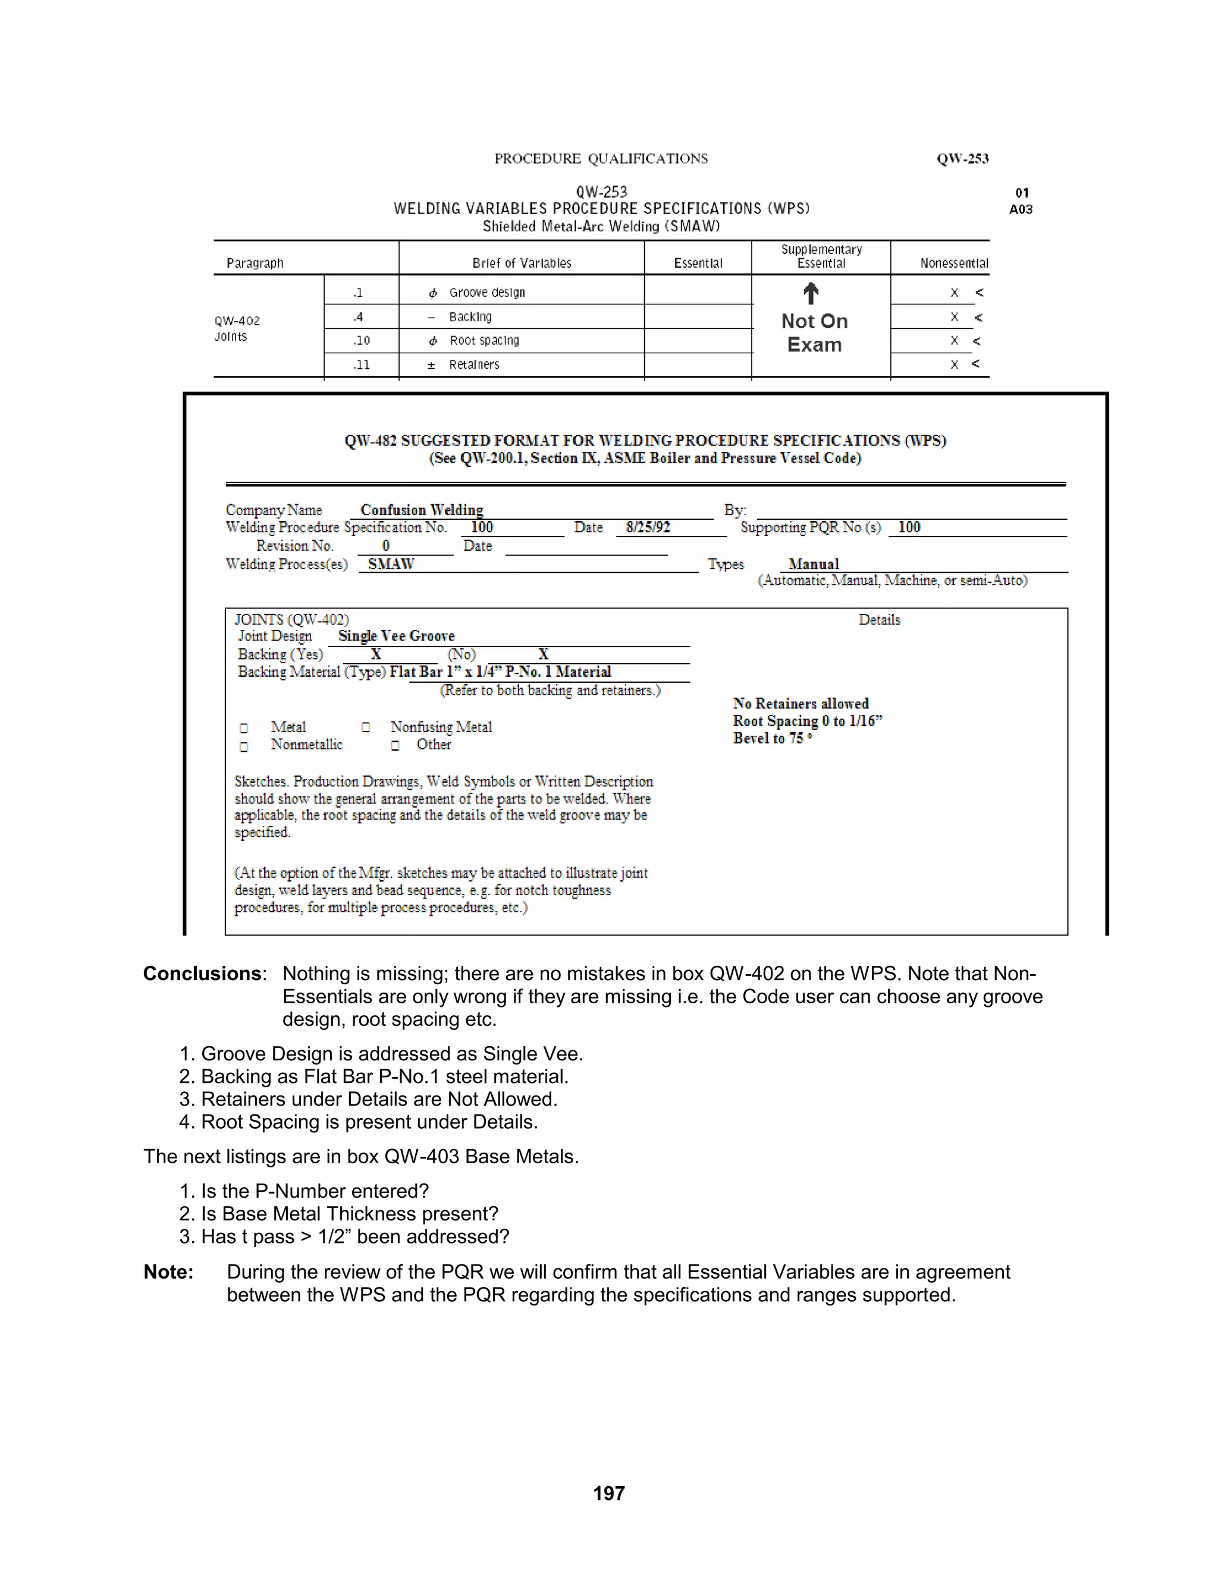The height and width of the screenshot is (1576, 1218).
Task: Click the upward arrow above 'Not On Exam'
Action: [x=811, y=293]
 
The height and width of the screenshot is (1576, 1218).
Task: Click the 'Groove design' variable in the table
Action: [x=486, y=292]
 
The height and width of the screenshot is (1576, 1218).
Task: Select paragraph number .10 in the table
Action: [x=361, y=341]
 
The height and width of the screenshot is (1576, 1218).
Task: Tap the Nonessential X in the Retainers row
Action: [x=954, y=365]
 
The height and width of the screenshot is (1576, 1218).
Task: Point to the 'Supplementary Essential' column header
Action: [x=821, y=256]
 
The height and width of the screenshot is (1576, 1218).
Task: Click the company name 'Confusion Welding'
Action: [x=422, y=510]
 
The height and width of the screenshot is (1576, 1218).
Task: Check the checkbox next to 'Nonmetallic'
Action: [x=244, y=746]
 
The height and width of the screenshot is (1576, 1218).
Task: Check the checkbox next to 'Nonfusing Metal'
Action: [x=366, y=727]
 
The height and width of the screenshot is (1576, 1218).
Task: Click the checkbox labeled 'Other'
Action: [x=395, y=745]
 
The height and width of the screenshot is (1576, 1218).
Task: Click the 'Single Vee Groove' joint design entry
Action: [x=396, y=636]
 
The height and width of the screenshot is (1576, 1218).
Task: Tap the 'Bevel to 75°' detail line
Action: [x=772, y=738]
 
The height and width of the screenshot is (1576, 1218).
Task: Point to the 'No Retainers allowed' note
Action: [x=801, y=703]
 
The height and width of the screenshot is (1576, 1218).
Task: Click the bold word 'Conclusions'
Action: [x=202, y=974]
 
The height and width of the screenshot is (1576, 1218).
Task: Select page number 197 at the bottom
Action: [x=608, y=1493]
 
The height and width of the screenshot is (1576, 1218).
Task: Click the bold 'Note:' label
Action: [x=168, y=1272]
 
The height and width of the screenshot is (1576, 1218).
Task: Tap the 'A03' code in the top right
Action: [x=1021, y=209]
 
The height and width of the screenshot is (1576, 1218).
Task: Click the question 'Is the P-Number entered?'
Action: [x=315, y=1191]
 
